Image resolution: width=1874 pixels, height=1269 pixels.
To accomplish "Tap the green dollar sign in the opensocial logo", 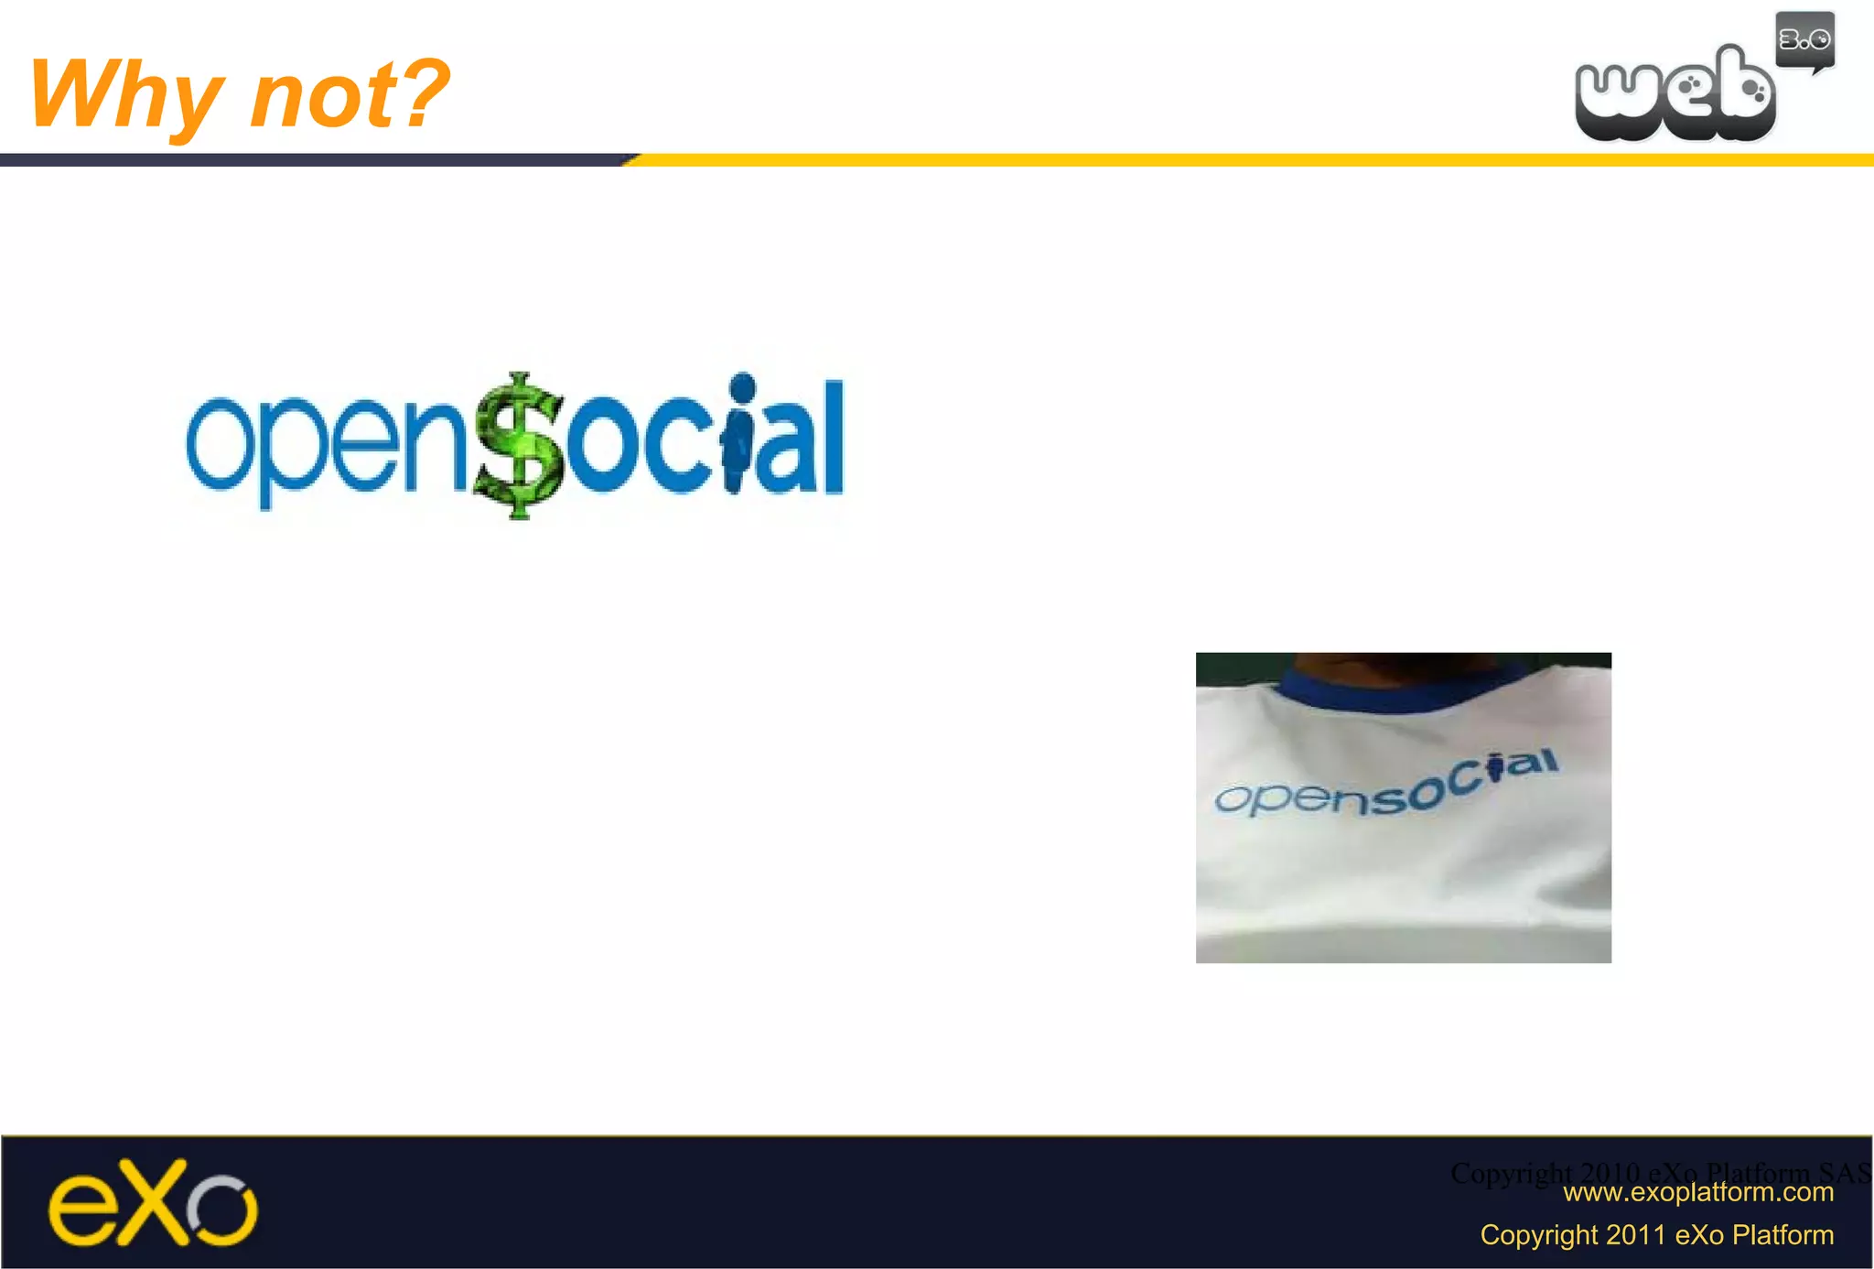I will coord(519,446).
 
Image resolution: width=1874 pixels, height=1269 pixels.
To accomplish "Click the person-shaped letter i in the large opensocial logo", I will coord(739,435).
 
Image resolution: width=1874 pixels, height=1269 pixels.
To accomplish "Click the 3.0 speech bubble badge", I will coord(1804,40).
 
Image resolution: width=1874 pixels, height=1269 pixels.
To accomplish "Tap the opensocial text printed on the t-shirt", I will coord(1386,786).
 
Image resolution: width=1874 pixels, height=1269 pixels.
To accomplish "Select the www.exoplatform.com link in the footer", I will coord(1697,1192).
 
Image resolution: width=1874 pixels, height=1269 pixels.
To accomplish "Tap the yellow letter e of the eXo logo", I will coord(81,1209).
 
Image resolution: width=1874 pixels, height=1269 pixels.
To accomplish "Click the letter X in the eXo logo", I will coord(151,1202).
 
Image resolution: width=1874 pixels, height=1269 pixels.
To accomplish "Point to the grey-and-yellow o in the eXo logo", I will coord(222,1210).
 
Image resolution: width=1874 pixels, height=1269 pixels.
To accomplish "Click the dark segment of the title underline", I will coord(311,160).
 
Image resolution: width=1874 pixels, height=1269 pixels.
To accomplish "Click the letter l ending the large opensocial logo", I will coord(832,437).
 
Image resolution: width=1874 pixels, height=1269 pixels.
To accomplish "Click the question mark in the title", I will coord(424,92).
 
